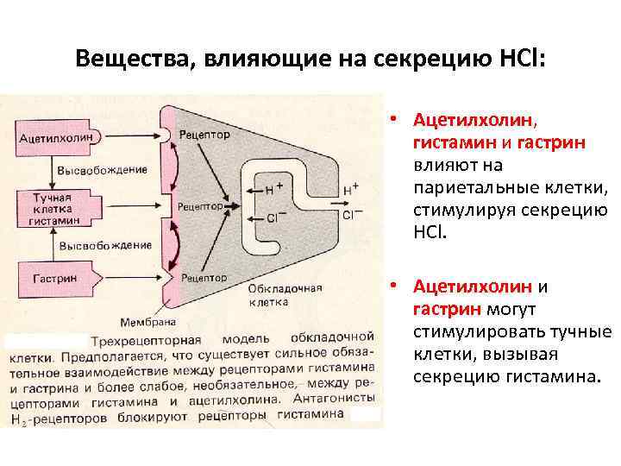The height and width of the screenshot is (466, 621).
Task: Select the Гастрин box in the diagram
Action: [x=54, y=279]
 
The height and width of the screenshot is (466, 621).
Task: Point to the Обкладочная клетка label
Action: [x=277, y=295]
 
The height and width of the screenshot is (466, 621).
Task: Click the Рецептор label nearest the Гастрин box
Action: [x=205, y=278]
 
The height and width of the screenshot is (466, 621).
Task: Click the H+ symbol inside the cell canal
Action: [x=274, y=186]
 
